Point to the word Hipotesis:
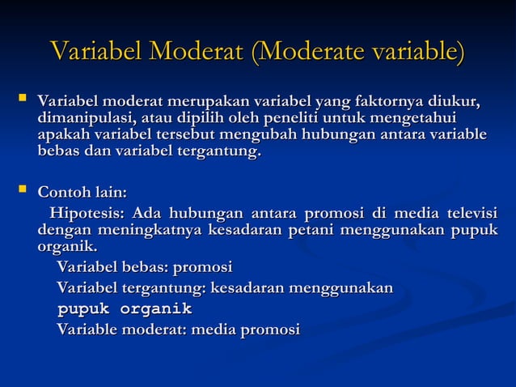pos(87,214)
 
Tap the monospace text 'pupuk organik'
pos(124,308)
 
